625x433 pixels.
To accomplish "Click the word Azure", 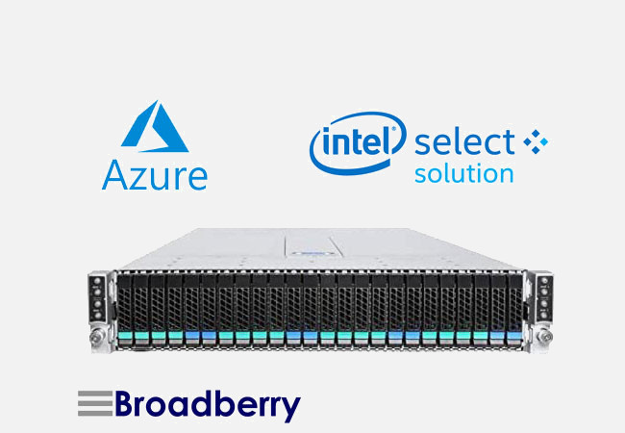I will [154, 175].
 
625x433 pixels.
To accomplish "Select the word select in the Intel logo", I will [465, 143].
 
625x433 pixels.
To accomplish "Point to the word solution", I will [463, 174].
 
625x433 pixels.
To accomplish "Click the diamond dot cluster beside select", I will [535, 143].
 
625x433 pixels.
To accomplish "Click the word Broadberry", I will [207, 404].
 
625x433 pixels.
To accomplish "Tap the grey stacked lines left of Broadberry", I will [93, 404].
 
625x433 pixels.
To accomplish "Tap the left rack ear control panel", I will [96, 293].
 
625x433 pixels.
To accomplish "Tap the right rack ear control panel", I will [544, 293].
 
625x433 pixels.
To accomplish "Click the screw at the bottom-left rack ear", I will [96, 338].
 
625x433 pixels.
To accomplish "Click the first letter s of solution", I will [420, 175].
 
